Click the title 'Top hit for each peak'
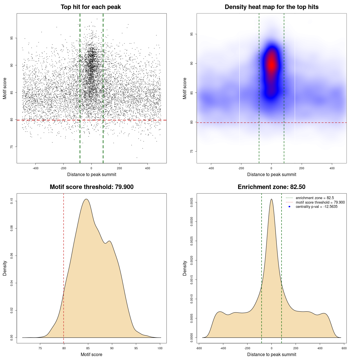point(91,7)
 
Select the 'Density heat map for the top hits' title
point(271,7)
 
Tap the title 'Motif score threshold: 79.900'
point(91,187)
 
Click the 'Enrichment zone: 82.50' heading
point(271,187)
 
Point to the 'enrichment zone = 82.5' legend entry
point(315,198)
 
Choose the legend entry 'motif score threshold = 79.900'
point(320,202)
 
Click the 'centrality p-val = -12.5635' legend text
point(316,207)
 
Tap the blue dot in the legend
point(289,207)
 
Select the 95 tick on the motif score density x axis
point(136,348)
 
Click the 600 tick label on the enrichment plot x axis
point(344,348)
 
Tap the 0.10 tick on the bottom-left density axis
point(12,201)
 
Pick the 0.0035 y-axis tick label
point(192,202)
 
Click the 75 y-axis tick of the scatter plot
point(12,147)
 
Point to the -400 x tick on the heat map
point(211,168)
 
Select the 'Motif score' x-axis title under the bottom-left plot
point(91,354)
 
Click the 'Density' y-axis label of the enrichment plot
point(185,268)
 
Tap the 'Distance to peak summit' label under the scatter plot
point(92,174)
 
